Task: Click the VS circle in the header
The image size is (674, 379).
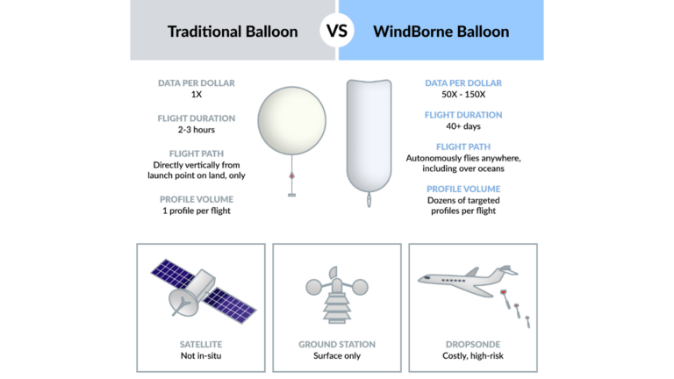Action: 337,32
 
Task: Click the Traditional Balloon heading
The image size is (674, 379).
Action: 233,32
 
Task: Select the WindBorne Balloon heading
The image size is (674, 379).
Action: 441,32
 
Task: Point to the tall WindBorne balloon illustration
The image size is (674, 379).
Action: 368,136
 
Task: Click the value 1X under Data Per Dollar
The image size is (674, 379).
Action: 196,95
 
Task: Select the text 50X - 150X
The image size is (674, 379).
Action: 463,95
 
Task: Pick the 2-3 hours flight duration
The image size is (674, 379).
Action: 197,130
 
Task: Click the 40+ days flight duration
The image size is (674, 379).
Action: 463,126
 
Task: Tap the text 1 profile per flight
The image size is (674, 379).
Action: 197,211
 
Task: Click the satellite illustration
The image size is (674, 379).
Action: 200,289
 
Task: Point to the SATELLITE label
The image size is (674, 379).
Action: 200,345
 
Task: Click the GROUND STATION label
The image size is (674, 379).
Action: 337,345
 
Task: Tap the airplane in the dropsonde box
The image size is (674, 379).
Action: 466,278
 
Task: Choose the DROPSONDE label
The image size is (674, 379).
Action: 472,345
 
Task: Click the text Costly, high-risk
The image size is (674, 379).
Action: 472,356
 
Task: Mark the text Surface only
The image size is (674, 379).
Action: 337,356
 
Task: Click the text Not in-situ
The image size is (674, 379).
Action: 200,356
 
